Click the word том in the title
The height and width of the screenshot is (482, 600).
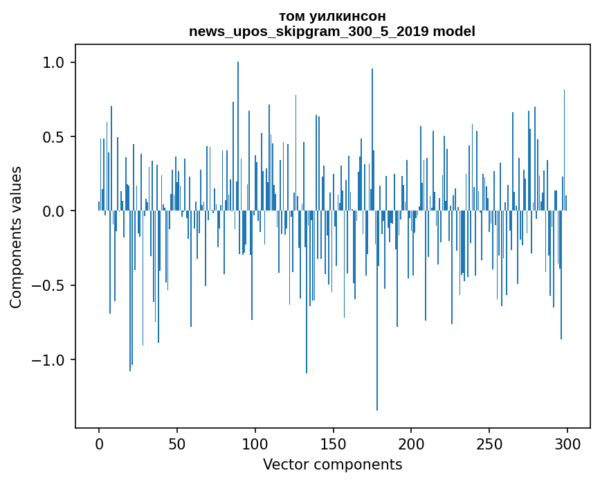coord(291,16)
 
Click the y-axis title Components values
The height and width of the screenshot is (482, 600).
coord(16,237)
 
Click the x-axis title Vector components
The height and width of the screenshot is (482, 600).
coord(332,464)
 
